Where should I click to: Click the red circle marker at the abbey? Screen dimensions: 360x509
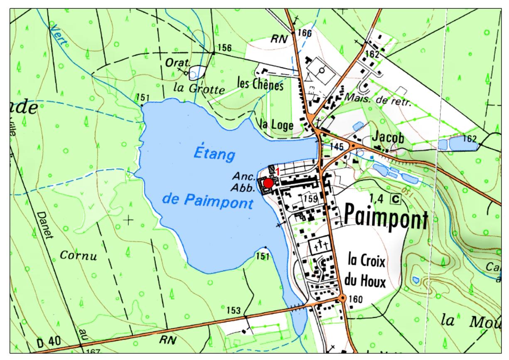pos(268,183)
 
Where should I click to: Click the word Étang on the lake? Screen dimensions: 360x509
pos(214,155)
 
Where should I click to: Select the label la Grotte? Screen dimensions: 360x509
pos(199,89)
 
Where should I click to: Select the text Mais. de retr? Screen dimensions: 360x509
pos(378,100)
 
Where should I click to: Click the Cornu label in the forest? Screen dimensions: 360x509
pos(79,255)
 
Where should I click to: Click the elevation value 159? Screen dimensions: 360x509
pos(310,199)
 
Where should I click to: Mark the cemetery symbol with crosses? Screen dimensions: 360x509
pos(321,245)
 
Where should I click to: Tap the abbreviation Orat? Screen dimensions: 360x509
pos(183,64)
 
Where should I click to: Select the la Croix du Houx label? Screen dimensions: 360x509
pos(366,272)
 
